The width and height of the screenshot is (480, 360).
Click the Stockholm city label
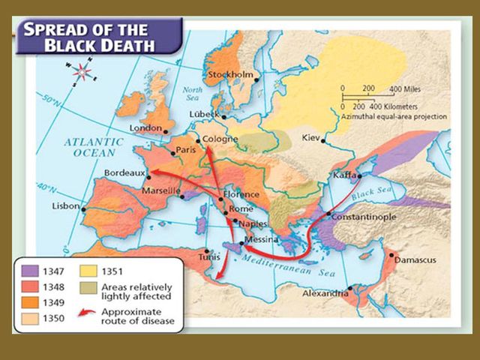(229, 75)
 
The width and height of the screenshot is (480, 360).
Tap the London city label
(145, 128)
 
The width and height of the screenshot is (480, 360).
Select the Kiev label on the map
(310, 139)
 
